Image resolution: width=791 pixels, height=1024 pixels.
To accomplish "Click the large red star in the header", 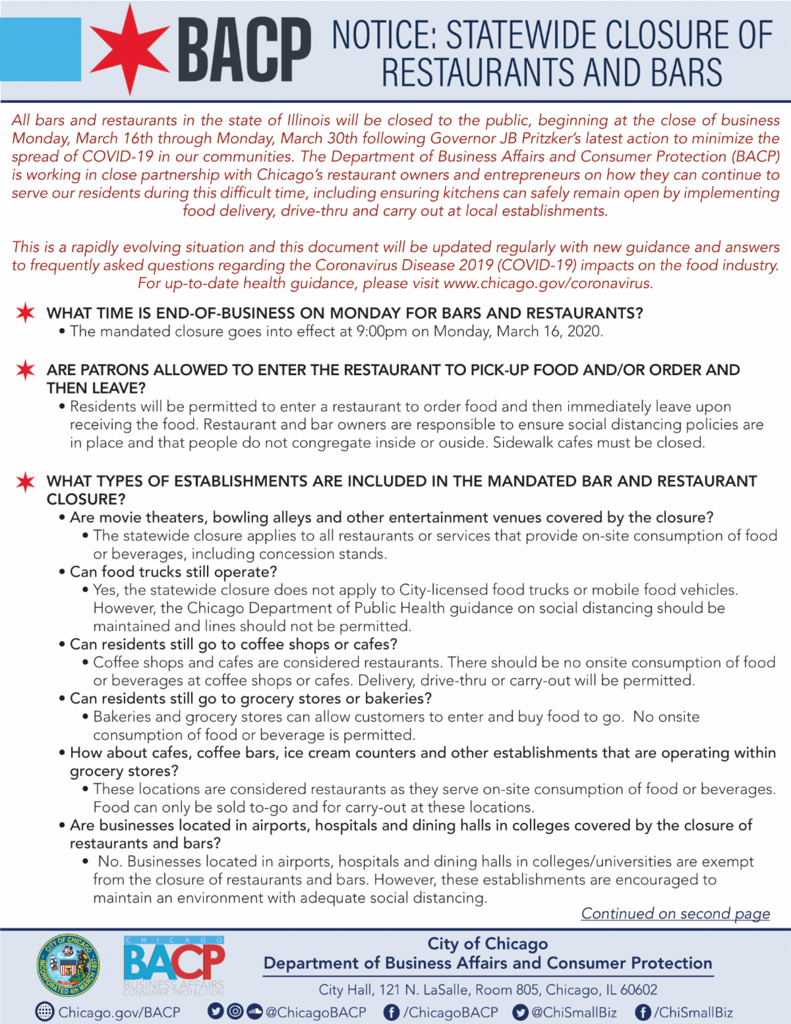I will (x=129, y=49).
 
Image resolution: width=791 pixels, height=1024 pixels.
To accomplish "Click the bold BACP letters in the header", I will (x=245, y=50).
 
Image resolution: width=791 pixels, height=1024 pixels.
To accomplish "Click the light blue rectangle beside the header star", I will (x=40, y=49).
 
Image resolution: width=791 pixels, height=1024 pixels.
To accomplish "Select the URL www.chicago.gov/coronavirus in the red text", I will (x=548, y=284).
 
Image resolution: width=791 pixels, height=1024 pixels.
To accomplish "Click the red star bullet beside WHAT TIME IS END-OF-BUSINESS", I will (x=26, y=313).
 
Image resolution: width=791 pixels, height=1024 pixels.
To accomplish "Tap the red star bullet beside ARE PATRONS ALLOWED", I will (x=26, y=370).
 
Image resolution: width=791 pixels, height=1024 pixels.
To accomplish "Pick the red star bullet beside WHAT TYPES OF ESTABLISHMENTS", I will (x=26, y=481).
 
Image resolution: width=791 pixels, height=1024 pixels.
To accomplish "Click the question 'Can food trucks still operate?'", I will (x=173, y=572).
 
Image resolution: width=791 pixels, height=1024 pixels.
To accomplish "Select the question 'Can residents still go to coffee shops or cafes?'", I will (x=233, y=644).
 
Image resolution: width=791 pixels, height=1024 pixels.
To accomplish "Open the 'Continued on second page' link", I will (x=675, y=913).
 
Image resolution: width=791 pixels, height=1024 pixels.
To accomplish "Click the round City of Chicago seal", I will (x=68, y=966).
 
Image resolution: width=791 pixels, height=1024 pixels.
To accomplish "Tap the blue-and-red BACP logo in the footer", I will (x=174, y=965).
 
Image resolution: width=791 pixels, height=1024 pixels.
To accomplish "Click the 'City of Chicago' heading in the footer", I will (x=487, y=944).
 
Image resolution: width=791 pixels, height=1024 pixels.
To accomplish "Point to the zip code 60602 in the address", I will (x=639, y=990).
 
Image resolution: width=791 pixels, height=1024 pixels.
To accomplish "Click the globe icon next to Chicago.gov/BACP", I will (x=44, y=1011).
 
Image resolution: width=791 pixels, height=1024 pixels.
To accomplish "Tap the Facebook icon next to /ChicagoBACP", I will (x=391, y=1012).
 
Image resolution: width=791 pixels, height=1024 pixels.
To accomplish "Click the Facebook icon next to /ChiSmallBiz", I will (x=643, y=1012).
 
